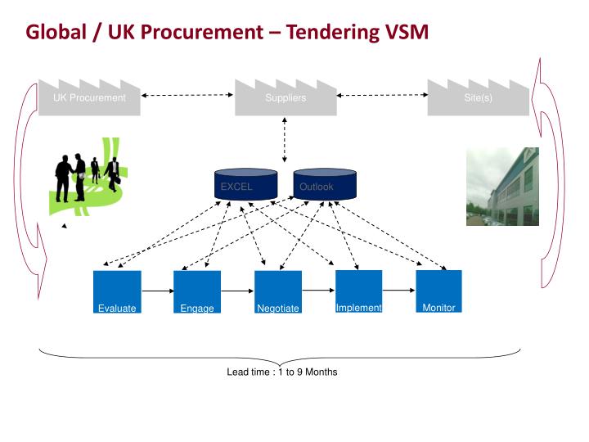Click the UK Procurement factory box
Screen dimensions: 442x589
(x=89, y=100)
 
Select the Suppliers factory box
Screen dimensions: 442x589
(x=286, y=100)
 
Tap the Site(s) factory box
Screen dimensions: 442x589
(x=478, y=100)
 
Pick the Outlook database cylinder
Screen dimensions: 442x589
(x=324, y=185)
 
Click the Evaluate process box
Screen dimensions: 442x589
(x=118, y=292)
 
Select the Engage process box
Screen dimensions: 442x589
(x=197, y=292)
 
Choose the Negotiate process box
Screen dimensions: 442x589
(x=278, y=292)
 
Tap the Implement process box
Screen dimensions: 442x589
(x=358, y=291)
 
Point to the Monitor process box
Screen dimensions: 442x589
(x=438, y=291)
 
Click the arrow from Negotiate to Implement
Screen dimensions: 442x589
(x=318, y=290)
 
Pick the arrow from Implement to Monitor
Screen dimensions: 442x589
(x=398, y=290)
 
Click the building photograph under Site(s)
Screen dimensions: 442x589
(x=502, y=187)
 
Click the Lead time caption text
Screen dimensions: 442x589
(x=281, y=372)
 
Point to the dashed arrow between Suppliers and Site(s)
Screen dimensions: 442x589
(x=382, y=96)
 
